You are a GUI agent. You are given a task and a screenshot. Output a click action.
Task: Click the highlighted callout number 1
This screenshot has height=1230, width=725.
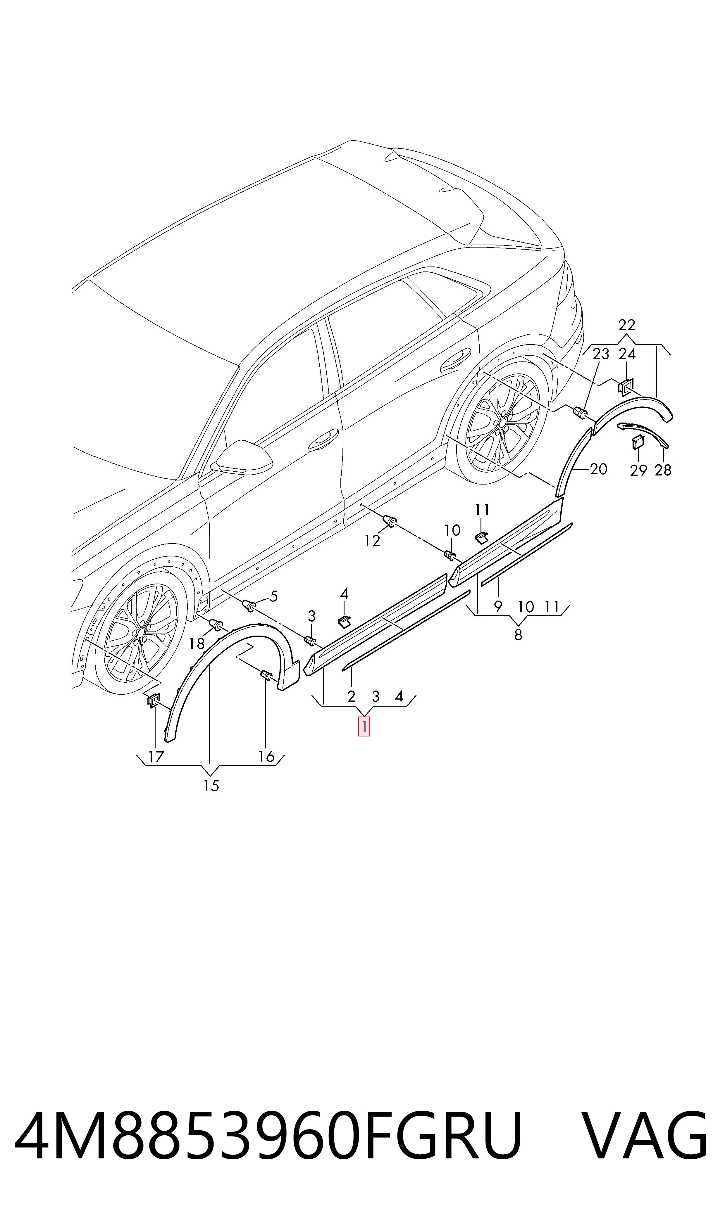pyautogui.click(x=364, y=726)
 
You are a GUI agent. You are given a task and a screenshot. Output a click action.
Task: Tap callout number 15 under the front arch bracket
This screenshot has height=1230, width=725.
pyautogui.click(x=211, y=786)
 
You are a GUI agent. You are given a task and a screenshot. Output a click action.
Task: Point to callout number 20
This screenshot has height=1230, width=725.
pyautogui.click(x=598, y=469)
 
